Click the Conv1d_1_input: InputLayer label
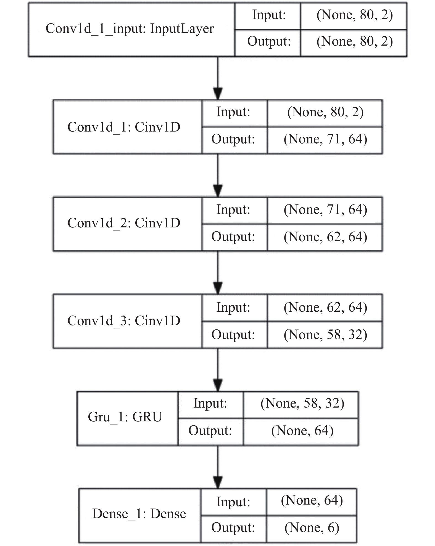[x=130, y=29]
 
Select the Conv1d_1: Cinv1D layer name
[x=124, y=127]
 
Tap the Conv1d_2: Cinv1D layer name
[x=124, y=223]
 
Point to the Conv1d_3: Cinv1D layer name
[x=124, y=321]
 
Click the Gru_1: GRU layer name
[x=125, y=417]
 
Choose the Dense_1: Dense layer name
[x=139, y=514]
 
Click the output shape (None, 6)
[x=312, y=527]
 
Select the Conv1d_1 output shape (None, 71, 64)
[x=325, y=139]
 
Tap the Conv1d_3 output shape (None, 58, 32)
[x=325, y=335]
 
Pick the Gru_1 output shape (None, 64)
[x=302, y=431]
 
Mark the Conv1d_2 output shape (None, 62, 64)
[x=325, y=237]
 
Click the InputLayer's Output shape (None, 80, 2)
[x=355, y=42]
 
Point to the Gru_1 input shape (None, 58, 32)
[x=302, y=403]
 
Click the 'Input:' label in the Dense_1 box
[x=233, y=502]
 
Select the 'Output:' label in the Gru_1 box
[x=210, y=431]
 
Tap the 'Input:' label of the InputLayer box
[x=269, y=15]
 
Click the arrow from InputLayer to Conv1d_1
[x=218, y=78]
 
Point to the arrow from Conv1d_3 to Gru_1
[x=218, y=370]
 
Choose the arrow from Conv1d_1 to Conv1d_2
[x=218, y=175]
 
